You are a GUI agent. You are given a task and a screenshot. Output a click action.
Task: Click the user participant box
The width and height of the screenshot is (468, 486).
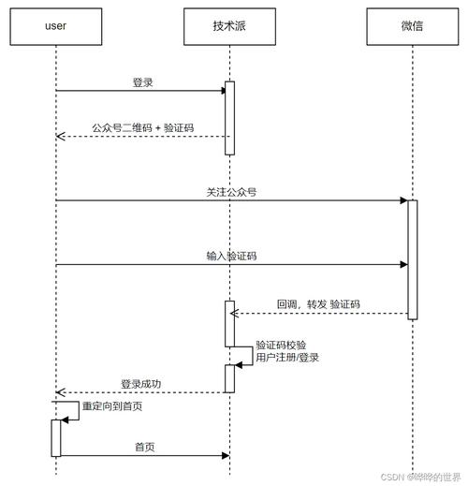(55, 26)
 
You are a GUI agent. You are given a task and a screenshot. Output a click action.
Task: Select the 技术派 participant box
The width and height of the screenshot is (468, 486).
(229, 26)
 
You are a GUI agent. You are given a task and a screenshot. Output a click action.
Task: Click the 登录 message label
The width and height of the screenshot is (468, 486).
(142, 82)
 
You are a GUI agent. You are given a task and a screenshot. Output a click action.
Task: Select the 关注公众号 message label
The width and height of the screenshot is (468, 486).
(231, 191)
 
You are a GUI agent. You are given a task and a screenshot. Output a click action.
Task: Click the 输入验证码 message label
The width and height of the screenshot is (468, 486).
(231, 255)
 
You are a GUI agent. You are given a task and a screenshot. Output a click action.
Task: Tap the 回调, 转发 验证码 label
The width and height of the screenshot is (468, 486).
(318, 304)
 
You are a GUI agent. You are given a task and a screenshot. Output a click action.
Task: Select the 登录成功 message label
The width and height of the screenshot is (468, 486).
(141, 383)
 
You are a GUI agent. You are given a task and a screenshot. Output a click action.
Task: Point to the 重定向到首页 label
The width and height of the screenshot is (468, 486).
(112, 407)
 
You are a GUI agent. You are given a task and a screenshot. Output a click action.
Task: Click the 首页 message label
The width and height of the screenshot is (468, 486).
(142, 447)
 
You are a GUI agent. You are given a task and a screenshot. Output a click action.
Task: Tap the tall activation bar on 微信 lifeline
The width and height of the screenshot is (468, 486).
(412, 259)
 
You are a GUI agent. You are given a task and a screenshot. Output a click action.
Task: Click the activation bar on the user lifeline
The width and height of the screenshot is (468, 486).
(56, 437)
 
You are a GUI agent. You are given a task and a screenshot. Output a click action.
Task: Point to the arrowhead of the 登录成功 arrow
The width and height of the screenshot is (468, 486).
(60, 392)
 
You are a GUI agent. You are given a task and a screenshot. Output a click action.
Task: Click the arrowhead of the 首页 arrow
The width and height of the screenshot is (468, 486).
(225, 456)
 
